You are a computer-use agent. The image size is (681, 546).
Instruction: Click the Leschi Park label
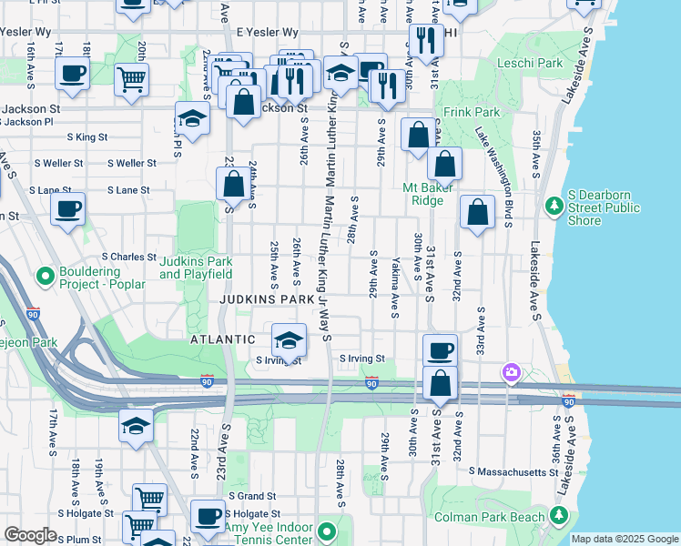click(531, 64)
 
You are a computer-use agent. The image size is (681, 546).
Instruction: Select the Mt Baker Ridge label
click(435, 194)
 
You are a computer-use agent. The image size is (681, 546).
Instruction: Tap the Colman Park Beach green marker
click(560, 517)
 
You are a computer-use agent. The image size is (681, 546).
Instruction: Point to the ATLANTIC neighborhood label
click(222, 339)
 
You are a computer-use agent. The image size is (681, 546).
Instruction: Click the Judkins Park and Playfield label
click(196, 268)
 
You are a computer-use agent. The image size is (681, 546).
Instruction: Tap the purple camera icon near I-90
click(512, 372)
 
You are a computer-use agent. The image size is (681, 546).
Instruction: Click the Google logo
click(30, 535)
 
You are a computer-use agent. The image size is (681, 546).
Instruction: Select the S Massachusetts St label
click(513, 471)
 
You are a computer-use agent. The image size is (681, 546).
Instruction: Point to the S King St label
click(87, 137)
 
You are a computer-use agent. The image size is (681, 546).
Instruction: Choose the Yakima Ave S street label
click(394, 286)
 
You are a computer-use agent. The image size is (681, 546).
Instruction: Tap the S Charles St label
click(129, 257)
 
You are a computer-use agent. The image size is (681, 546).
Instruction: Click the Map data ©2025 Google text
click(624, 539)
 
